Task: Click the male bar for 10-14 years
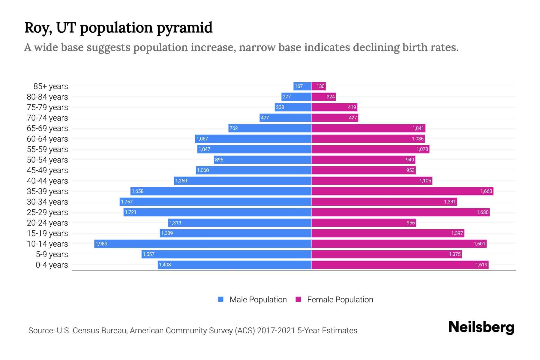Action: [x=203, y=244]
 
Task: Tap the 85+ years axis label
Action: [x=51, y=86]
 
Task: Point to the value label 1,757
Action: [x=127, y=202]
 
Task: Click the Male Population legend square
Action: [x=221, y=299]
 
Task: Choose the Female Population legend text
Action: [x=340, y=300]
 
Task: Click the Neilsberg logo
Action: [x=481, y=327]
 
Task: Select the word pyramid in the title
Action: [x=184, y=28]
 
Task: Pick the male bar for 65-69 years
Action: [x=270, y=128]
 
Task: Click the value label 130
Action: [x=320, y=86]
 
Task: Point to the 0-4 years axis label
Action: [x=52, y=265]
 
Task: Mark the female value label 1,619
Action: [x=481, y=265]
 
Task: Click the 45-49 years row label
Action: [x=47, y=170]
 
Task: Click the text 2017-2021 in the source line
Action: [x=276, y=331]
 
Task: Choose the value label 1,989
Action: [x=101, y=244]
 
